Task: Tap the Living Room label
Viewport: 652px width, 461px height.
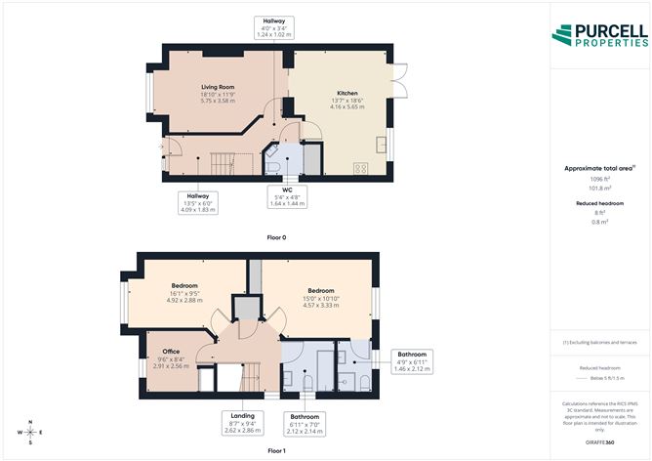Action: pyautogui.click(x=218, y=93)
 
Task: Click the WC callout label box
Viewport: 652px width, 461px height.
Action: pyautogui.click(x=288, y=195)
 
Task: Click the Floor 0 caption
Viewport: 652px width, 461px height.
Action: pyautogui.click(x=276, y=237)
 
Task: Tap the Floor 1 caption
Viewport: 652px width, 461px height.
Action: pyautogui.click(x=276, y=450)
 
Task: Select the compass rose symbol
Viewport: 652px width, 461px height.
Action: pyautogui.click(x=31, y=431)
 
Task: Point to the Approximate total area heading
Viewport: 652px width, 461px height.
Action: pyautogui.click(x=598, y=168)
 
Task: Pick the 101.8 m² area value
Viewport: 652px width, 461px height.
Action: pyautogui.click(x=598, y=188)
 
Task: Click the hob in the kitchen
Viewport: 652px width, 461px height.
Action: pyautogui.click(x=360, y=167)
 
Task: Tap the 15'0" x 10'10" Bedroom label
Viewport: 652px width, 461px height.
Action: pyautogui.click(x=322, y=297)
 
